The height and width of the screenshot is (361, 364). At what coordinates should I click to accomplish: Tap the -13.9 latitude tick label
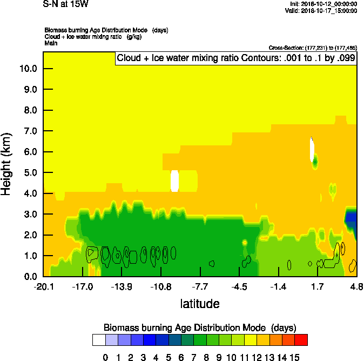[x=122, y=286]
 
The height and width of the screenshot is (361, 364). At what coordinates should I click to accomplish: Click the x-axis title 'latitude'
[x=200, y=304]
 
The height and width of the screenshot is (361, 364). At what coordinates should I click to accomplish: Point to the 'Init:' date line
[x=323, y=4]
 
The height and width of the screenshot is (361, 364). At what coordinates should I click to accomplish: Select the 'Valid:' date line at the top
[x=323, y=10]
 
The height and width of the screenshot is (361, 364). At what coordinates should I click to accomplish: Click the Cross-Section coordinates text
[x=313, y=48]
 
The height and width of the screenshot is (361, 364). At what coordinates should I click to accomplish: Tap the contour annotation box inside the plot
[x=235, y=58]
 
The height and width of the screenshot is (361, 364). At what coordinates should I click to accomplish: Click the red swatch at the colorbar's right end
[x=301, y=340]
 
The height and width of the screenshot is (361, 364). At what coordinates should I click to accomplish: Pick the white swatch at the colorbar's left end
[x=98, y=340]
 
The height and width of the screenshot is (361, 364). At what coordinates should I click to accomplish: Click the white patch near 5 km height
[x=174, y=180]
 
